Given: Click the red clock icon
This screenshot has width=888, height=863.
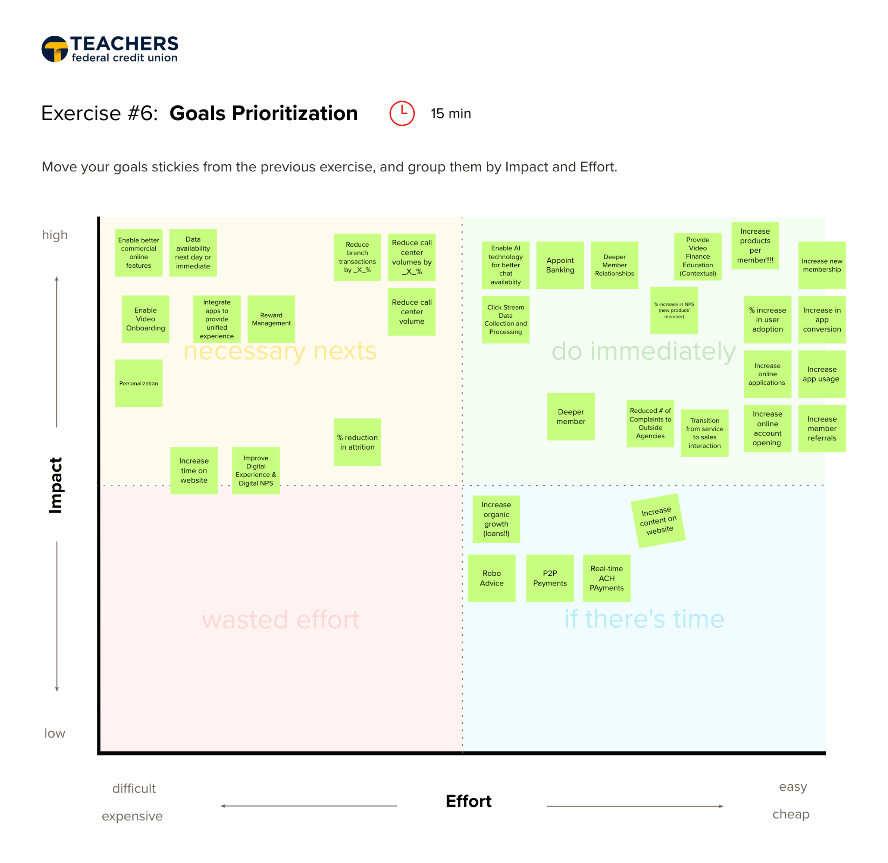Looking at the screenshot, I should [x=402, y=113].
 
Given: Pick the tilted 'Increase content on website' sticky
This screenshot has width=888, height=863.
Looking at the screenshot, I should [x=658, y=520].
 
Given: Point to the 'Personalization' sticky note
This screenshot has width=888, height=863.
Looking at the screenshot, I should [x=138, y=383].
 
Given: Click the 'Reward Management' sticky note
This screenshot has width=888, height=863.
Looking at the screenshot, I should [x=271, y=319].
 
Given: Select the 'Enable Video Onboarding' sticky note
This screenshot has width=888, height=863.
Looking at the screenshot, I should [x=145, y=319].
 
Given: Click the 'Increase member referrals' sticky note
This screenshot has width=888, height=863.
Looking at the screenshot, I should [x=821, y=428].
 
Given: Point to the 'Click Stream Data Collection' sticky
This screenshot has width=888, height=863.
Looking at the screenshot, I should [x=505, y=320].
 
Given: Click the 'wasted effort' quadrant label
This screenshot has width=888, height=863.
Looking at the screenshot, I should [x=281, y=619].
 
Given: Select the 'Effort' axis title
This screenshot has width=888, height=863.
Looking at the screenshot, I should [x=468, y=801].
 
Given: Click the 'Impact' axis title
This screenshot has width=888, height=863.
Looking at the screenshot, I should [x=55, y=485].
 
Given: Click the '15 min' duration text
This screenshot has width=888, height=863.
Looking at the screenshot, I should [x=451, y=113].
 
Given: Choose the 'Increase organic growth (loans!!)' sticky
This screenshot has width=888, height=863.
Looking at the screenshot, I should [x=496, y=519].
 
